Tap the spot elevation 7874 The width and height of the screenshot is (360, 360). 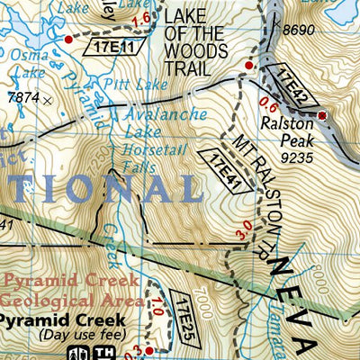point(20,97)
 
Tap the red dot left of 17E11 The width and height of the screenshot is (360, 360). point(69,40)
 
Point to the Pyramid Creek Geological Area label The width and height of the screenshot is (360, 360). point(68,291)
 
